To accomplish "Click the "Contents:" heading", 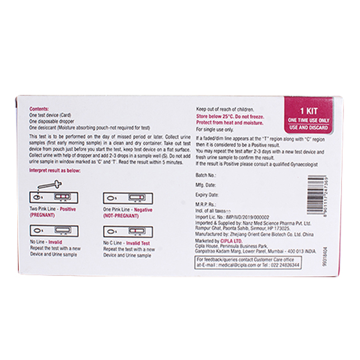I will pyautogui.click(x=39, y=109).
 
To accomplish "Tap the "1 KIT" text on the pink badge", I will pyautogui.click(x=308, y=111).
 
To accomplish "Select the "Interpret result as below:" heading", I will pyautogui.click(x=55, y=171).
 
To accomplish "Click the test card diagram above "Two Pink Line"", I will pyautogui.click(x=54, y=197).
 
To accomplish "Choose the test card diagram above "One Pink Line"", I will pyautogui.click(x=128, y=198).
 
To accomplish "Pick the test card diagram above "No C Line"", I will pyautogui.click(x=128, y=232).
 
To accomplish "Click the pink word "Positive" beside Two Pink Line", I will pyautogui.click(x=68, y=209).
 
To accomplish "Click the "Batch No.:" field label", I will pyautogui.click(x=206, y=175).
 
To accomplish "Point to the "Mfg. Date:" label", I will pyautogui.click(x=205, y=185).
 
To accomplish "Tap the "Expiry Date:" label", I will pyautogui.click(x=207, y=195).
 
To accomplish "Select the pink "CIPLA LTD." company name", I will pyautogui.click(x=232, y=241).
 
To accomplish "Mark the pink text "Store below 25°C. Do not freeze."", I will pyautogui.click(x=230, y=116).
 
